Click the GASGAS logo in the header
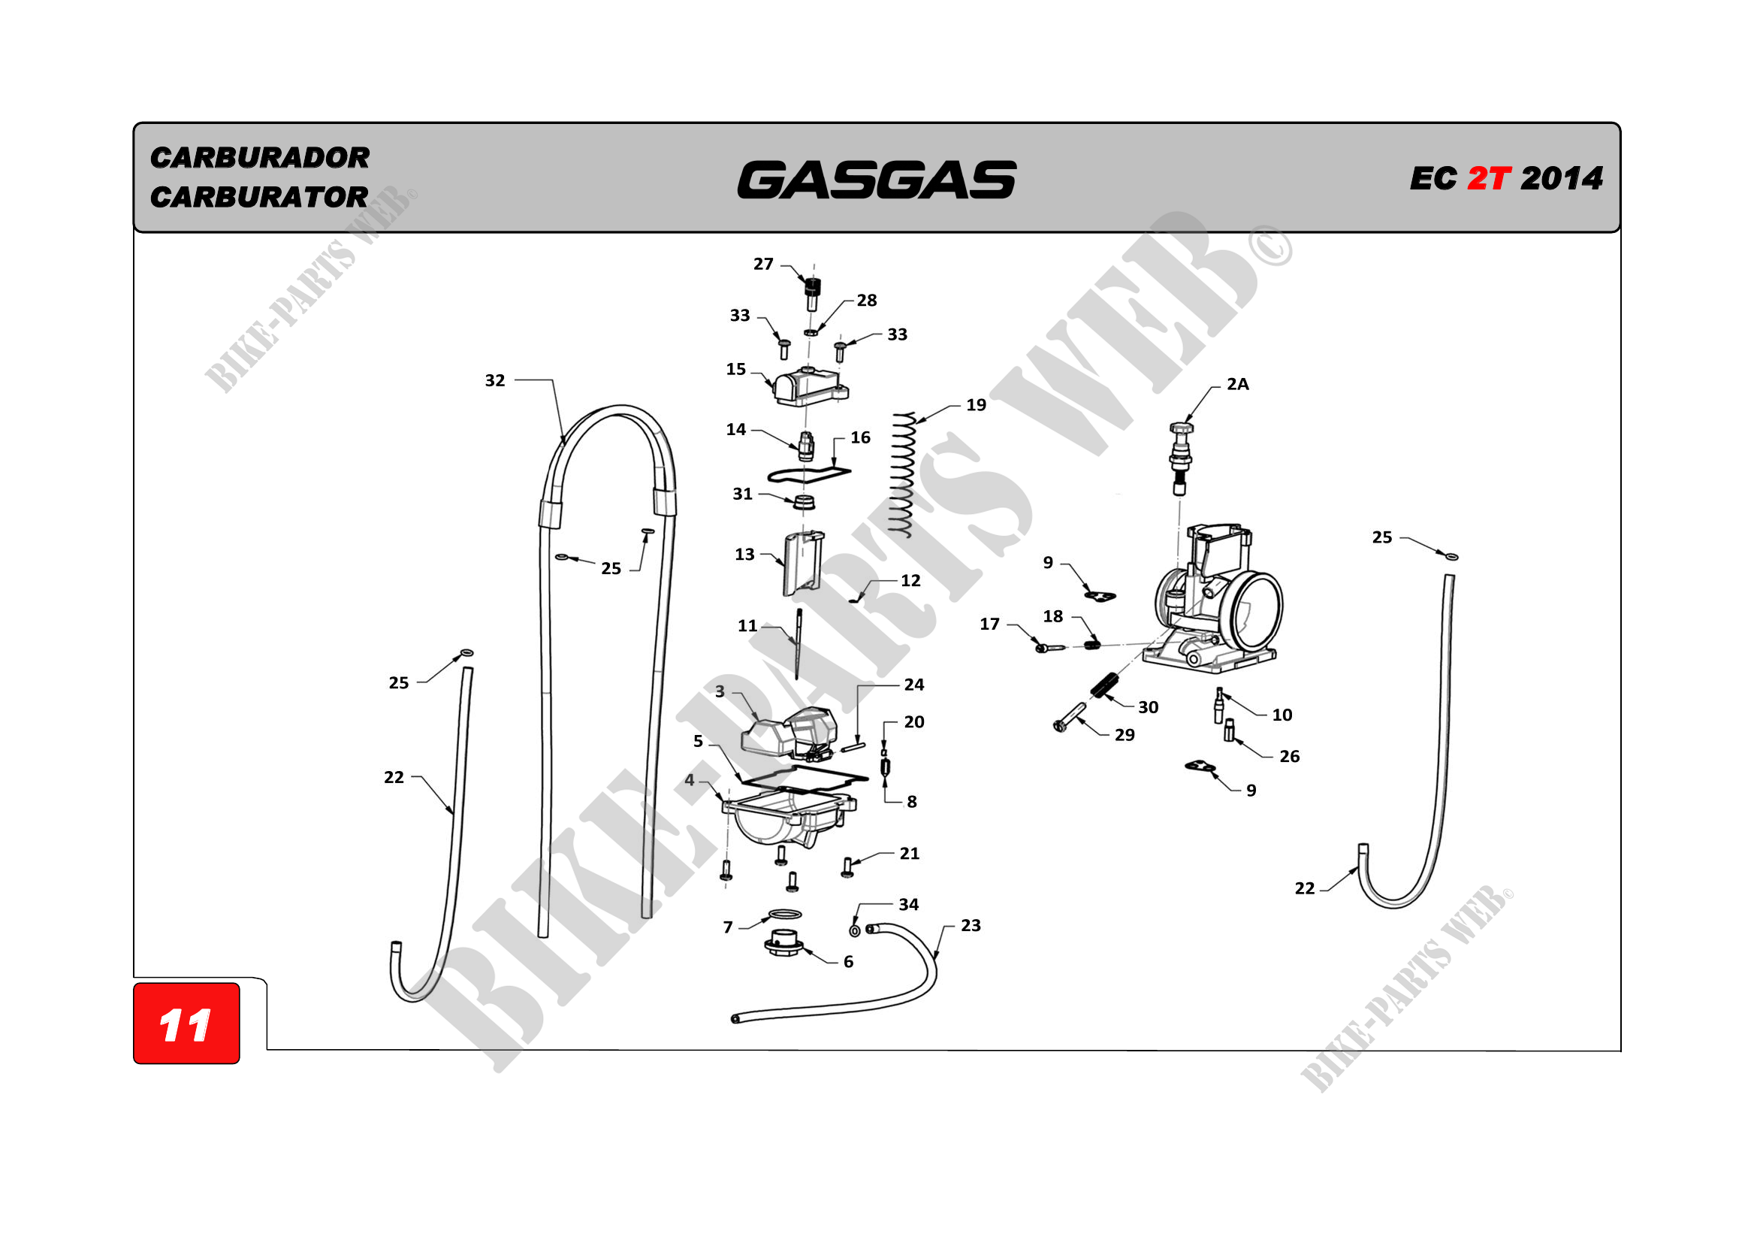[x=876, y=180]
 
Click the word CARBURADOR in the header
[x=259, y=158]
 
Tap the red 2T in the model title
[x=1487, y=179]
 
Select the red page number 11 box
[x=186, y=1024]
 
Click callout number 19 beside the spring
[x=976, y=405]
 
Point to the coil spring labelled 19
[x=904, y=474]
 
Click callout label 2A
[x=1237, y=384]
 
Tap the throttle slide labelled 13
[x=802, y=564]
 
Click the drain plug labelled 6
[x=783, y=943]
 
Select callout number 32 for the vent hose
[x=495, y=380]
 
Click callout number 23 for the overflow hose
[x=971, y=925]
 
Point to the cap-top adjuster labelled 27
[x=812, y=293]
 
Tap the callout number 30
[x=1148, y=707]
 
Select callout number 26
[x=1290, y=756]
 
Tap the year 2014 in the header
[x=1561, y=179]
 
